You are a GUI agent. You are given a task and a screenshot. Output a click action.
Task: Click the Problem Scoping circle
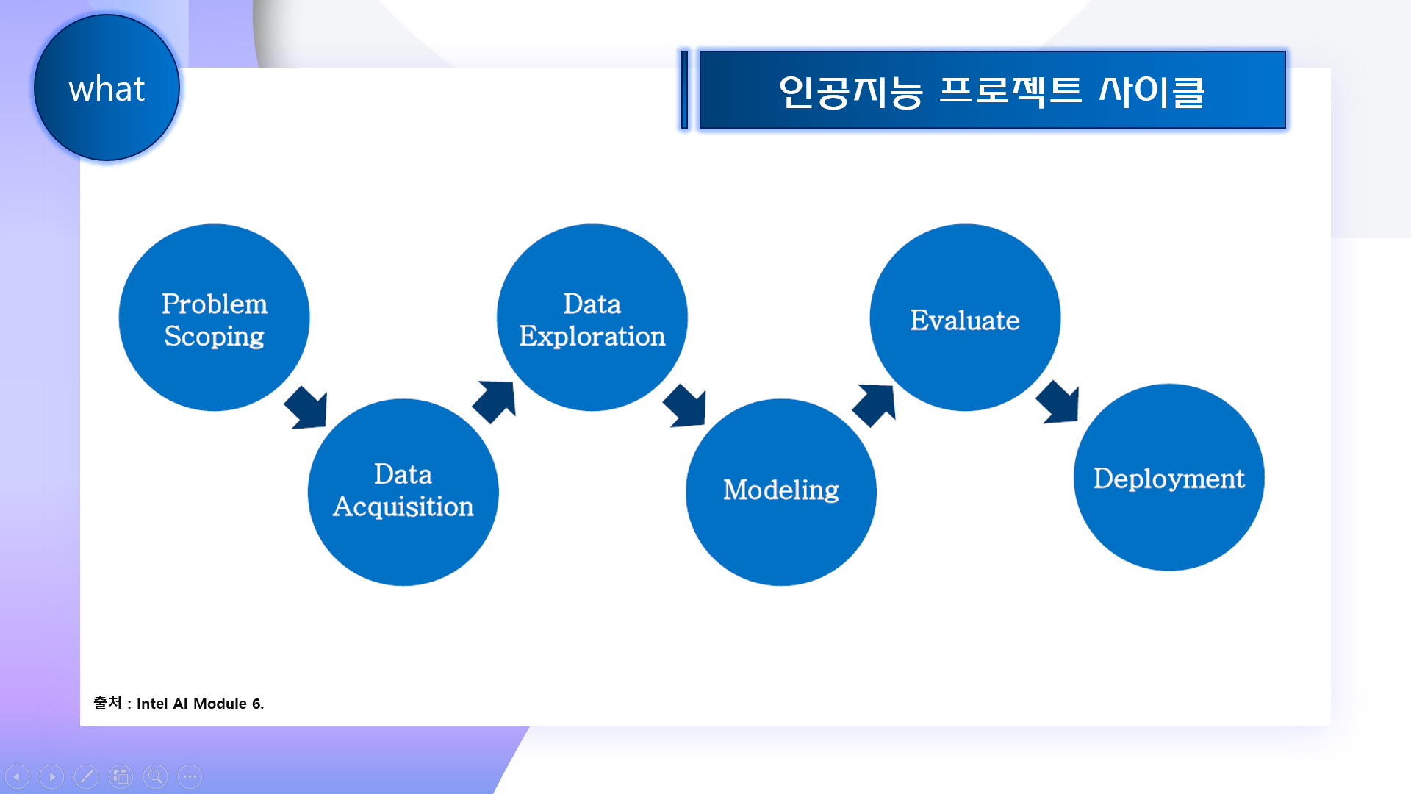pyautogui.click(x=214, y=318)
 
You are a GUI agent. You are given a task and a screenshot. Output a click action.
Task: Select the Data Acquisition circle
pyautogui.click(x=403, y=492)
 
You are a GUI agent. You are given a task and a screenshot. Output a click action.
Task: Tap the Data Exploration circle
pyautogui.click(x=592, y=318)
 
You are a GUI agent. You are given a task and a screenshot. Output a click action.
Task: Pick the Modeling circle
pyautogui.click(x=780, y=492)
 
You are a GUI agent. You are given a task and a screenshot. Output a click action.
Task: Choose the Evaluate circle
pyautogui.click(x=964, y=318)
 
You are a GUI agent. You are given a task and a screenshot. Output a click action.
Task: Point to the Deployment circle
pyautogui.click(x=1168, y=477)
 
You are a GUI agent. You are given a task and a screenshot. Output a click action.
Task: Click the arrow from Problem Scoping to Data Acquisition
pyautogui.click(x=307, y=407)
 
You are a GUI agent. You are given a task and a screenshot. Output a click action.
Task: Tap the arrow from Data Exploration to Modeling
pyautogui.click(x=686, y=405)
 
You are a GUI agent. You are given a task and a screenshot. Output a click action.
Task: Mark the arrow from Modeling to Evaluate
pyautogui.click(x=875, y=404)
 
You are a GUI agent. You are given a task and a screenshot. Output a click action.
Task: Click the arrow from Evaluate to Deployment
pyautogui.click(x=1058, y=402)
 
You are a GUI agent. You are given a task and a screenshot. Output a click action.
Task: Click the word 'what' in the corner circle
pyautogui.click(x=107, y=89)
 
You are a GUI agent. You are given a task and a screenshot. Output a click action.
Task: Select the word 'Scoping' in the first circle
pyautogui.click(x=214, y=337)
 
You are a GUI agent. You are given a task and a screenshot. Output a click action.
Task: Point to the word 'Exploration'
pyautogui.click(x=592, y=337)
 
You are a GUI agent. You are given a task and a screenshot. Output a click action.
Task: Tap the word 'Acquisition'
pyautogui.click(x=403, y=507)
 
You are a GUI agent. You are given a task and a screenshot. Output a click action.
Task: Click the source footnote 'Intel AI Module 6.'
pyautogui.click(x=200, y=704)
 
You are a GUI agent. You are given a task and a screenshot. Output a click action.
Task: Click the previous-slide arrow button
pyautogui.click(x=17, y=776)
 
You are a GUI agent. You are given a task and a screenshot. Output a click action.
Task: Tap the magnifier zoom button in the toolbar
pyautogui.click(x=155, y=776)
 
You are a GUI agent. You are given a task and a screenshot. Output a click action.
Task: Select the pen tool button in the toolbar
pyautogui.click(x=86, y=776)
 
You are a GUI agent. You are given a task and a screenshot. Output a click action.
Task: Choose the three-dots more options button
pyautogui.click(x=190, y=776)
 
